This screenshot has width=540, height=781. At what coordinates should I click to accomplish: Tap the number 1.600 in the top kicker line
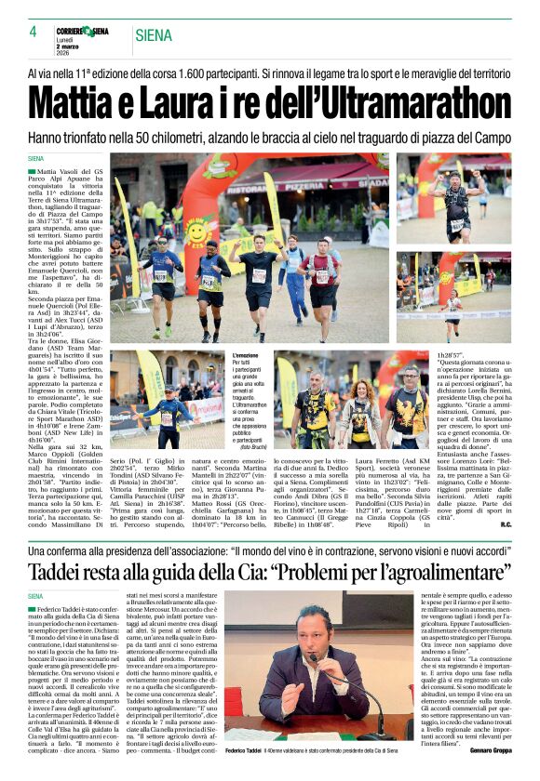[x=269, y=72]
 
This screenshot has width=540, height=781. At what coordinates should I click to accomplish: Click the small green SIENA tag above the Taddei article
[x=36, y=596]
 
